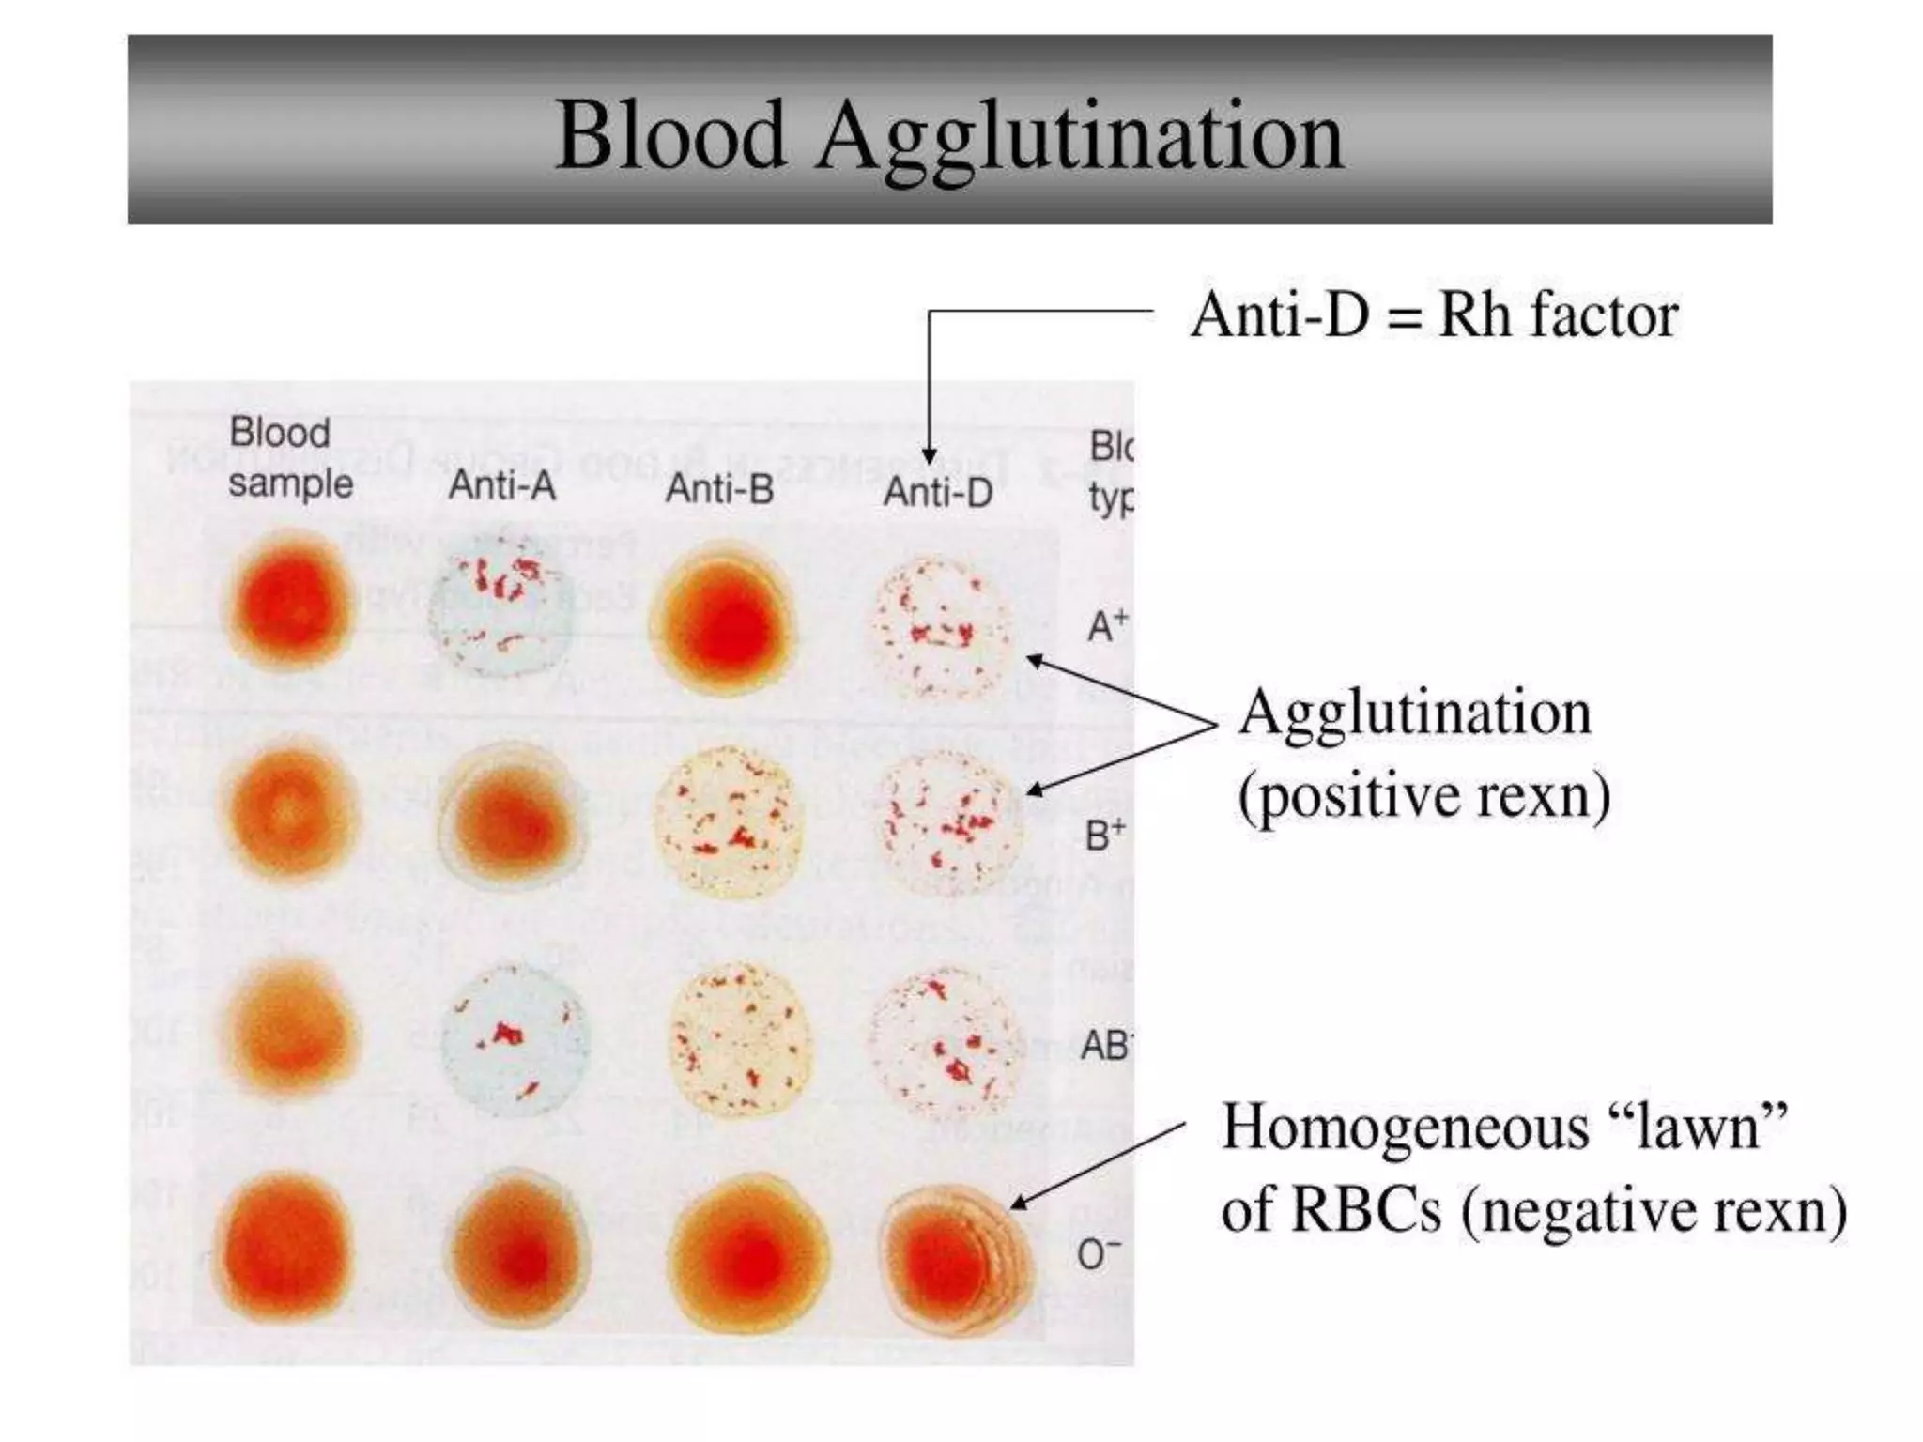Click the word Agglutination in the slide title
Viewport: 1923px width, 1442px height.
pos(1080,136)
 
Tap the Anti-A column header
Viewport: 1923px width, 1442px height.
pos(501,486)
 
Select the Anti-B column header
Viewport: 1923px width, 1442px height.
pos(719,489)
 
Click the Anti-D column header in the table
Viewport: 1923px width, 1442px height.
pos(937,492)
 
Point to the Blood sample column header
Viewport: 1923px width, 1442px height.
pos(289,459)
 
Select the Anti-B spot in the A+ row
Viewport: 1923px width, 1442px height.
pos(721,621)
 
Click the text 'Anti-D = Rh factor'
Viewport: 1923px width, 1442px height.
pos(1434,315)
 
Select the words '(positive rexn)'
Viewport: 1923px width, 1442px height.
pos(1423,797)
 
